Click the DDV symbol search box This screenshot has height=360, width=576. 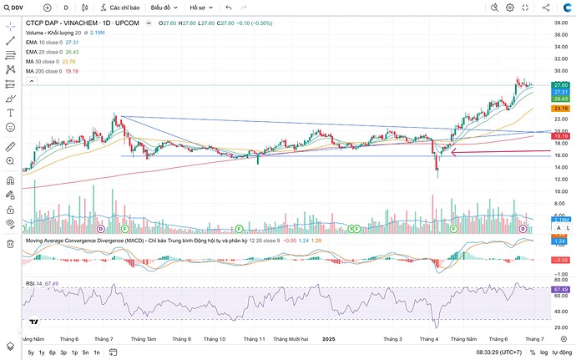click(x=16, y=7)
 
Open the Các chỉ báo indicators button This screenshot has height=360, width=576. click(x=119, y=7)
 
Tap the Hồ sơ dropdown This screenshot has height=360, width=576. click(x=201, y=7)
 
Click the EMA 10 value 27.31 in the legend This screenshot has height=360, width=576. click(x=72, y=42)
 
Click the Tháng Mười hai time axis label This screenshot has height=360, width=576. click(x=291, y=339)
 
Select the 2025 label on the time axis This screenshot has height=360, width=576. click(x=329, y=339)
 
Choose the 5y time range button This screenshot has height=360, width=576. click(x=31, y=352)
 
